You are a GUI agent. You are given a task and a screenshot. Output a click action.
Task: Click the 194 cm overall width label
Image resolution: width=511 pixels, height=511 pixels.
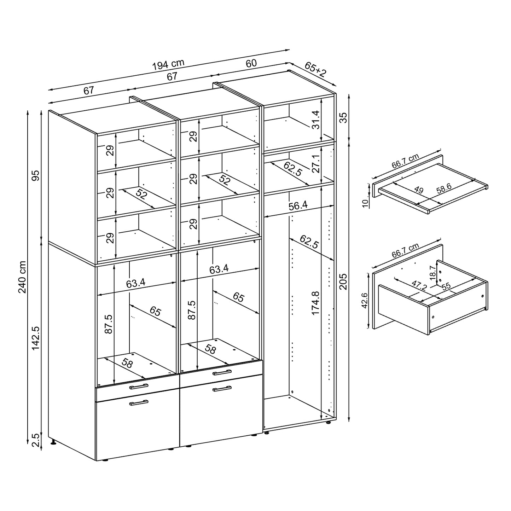click(x=168, y=65)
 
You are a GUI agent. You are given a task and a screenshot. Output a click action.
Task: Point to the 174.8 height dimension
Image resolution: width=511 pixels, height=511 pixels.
click(x=315, y=303)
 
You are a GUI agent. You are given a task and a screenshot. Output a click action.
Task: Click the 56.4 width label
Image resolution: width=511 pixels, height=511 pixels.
click(x=298, y=206)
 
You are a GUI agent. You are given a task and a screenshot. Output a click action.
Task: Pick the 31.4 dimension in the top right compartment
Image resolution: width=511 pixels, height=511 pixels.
click(x=315, y=120)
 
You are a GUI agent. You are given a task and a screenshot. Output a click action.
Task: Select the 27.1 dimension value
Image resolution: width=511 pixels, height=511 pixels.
click(x=315, y=163)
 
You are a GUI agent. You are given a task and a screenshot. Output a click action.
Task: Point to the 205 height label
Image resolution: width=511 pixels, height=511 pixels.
click(x=343, y=281)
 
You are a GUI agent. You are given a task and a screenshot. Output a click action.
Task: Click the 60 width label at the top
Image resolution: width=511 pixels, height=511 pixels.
click(x=251, y=64)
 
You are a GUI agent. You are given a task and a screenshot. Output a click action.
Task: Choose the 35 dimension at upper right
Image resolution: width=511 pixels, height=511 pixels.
click(x=343, y=117)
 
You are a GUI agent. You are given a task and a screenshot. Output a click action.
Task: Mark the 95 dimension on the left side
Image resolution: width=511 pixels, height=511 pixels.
click(x=36, y=175)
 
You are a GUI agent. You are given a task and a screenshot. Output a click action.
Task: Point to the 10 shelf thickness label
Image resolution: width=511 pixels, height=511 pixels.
click(x=366, y=203)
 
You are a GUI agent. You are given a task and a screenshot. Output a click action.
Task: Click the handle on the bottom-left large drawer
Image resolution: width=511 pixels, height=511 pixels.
click(x=139, y=402)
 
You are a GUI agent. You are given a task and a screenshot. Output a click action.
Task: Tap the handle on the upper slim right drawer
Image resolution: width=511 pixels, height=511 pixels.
click(x=222, y=372)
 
